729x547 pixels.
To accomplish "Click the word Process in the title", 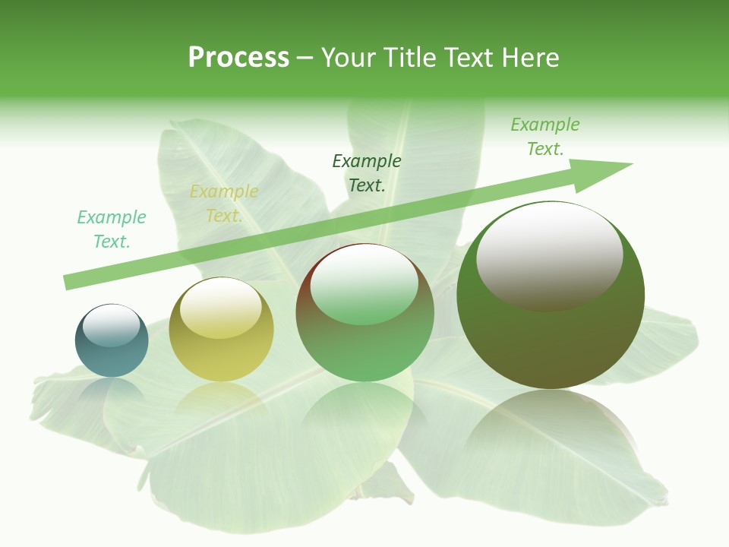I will point(238,58).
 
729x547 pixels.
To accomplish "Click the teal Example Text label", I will point(112,229).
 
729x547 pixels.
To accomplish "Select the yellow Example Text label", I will point(224,204).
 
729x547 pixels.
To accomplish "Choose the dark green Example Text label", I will point(367,172).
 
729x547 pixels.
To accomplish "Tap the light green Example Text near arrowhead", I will point(544,136).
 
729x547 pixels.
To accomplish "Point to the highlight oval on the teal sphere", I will point(111,326).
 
